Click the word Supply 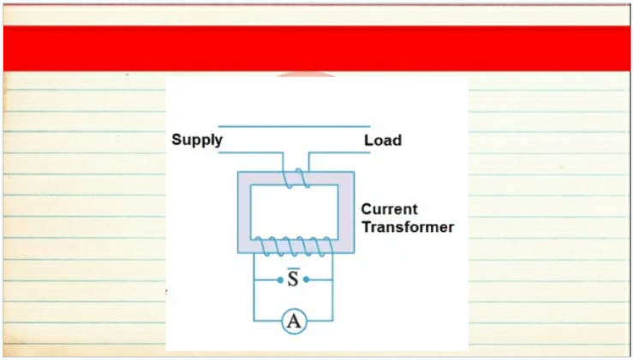pos(197,140)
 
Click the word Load pos(383,141)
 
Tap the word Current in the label pos(389,209)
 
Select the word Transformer pos(408,226)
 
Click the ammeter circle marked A pos(294,321)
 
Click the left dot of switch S pos(280,279)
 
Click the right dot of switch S pos(306,279)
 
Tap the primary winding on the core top pos(296,177)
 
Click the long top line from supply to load pos(295,127)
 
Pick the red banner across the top pos(317,49)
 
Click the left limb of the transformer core pos(244,213)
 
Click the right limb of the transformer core pos(346,213)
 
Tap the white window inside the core pos(295,212)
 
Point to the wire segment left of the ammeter pos(267,321)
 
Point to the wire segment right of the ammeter pos(319,321)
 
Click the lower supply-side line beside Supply pos(250,153)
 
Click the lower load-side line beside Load pos(339,153)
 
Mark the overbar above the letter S pos(294,268)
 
